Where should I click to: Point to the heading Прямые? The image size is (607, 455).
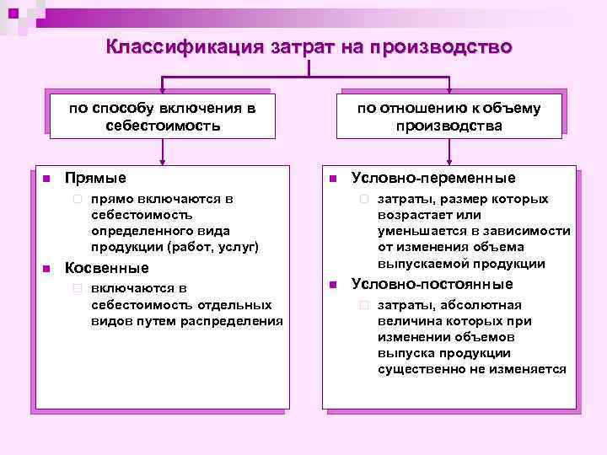[95, 178]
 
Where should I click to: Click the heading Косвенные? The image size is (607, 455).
[106, 268]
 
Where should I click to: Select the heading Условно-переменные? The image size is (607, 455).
[432, 178]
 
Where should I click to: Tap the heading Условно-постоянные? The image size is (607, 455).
[432, 283]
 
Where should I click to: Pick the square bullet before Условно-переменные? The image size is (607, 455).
[332, 179]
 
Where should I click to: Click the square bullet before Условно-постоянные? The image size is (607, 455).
[332, 284]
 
